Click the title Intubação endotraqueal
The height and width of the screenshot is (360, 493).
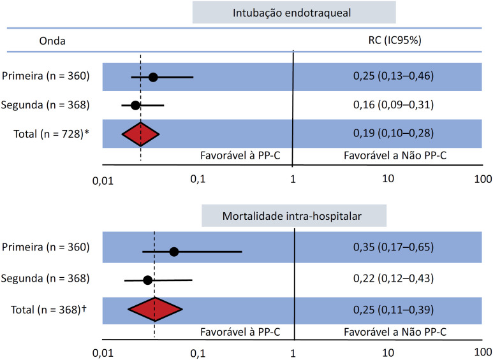click(291, 13)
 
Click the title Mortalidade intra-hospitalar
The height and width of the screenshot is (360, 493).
click(291, 216)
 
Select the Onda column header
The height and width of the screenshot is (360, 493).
click(52, 41)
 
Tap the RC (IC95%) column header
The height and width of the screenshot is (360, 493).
click(395, 40)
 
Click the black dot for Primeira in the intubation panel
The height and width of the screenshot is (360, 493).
click(153, 77)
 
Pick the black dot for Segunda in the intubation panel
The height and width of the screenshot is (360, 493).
click(135, 105)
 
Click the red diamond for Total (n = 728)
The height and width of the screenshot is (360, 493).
click(140, 134)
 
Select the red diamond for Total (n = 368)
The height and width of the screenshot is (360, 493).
click(155, 310)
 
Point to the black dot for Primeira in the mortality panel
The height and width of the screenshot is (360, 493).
click(174, 252)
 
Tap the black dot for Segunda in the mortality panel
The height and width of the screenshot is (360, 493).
click(148, 280)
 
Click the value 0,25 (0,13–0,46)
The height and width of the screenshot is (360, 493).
click(394, 76)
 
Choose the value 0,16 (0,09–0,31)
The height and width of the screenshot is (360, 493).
click(394, 104)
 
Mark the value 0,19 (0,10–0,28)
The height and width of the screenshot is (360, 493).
click(394, 133)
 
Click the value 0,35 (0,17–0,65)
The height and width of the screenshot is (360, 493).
click(394, 247)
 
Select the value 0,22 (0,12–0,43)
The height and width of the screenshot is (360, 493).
click(394, 278)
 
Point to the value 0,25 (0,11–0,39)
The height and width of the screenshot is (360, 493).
click(394, 310)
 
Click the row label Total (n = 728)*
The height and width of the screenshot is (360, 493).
click(51, 134)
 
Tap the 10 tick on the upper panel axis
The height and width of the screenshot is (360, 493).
click(388, 178)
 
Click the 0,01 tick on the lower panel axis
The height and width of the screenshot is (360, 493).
click(103, 354)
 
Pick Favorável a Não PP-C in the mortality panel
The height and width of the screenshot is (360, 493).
click(395, 332)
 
